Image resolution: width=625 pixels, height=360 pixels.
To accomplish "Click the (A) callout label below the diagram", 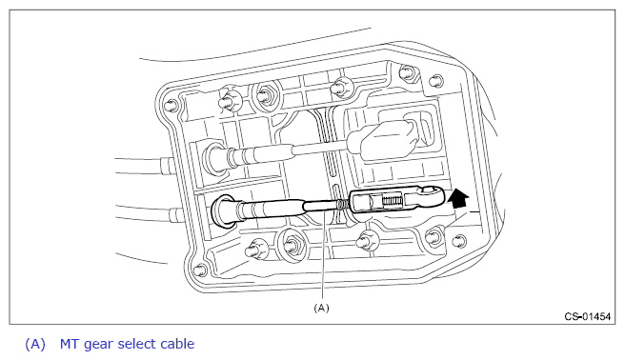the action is point(322,308).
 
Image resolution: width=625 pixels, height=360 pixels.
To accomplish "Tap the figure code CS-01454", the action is point(588,316).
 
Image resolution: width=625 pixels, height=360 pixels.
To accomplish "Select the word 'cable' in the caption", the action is point(177,344).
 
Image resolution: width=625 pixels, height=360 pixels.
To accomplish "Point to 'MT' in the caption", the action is point(70,344).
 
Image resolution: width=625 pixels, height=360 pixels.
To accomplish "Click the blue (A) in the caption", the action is point(35,344).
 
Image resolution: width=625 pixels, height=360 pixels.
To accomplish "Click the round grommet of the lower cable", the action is point(222,211).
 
